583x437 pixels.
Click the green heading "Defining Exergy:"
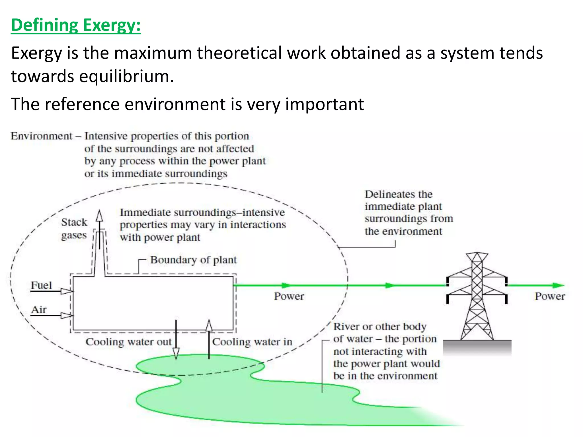tap(76, 25)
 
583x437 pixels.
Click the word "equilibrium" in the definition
tap(126, 76)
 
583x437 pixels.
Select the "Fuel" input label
tap(41, 285)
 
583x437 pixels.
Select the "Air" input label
tap(39, 310)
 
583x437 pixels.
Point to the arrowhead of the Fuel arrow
tap(67, 291)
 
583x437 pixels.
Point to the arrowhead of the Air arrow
tap(67, 316)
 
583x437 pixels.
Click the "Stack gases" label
tap(74, 228)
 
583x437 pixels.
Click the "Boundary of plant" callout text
tap(193, 260)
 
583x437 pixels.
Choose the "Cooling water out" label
tap(129, 342)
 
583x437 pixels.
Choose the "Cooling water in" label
tap(252, 342)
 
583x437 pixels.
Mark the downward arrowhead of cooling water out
tap(176, 353)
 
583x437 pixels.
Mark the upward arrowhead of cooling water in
tap(209, 326)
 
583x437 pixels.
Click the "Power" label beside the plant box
tap(289, 296)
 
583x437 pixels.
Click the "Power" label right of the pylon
tap(550, 296)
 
